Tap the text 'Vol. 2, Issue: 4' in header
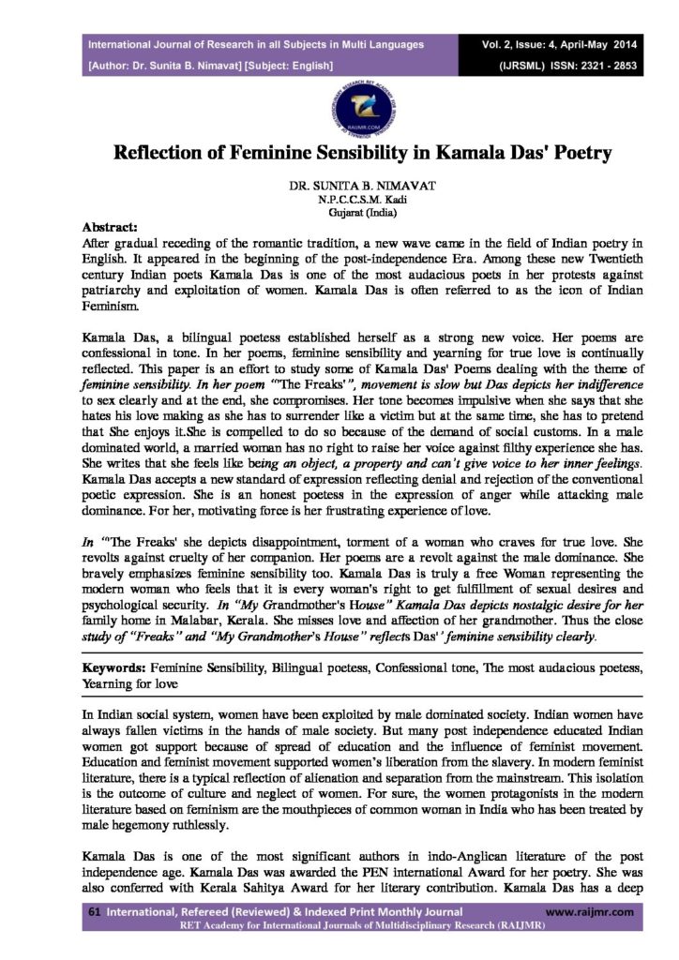tap(518, 44)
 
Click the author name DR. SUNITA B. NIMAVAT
tap(339, 187)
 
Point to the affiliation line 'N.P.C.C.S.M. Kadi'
tap(339, 201)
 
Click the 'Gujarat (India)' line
tap(339, 213)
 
